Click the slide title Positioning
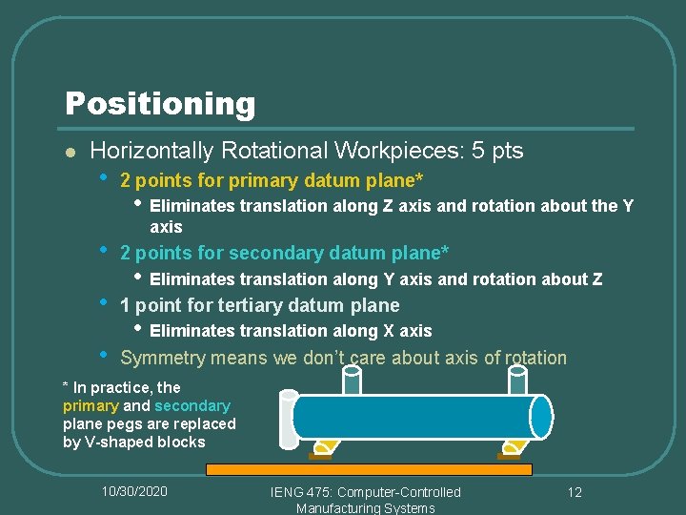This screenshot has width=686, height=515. [x=160, y=103]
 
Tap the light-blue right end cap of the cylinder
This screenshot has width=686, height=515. [x=541, y=417]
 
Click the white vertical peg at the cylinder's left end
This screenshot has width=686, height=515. [x=288, y=419]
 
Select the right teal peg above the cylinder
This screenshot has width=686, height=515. [x=517, y=380]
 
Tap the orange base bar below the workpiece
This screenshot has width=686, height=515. [x=369, y=469]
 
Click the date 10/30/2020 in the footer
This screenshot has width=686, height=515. [x=135, y=491]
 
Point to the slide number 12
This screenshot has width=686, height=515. [x=574, y=492]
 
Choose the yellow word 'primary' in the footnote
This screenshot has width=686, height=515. [x=91, y=405]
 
